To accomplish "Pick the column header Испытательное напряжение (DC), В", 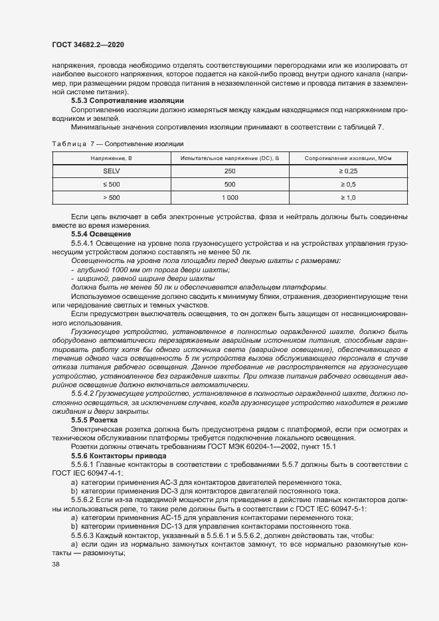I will pyautogui.click(x=230, y=158).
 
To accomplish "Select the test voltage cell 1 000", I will pyautogui.click(x=230, y=197).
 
